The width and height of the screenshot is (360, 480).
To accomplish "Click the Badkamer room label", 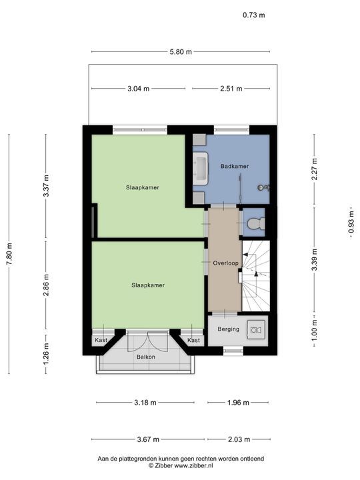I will (x=234, y=166).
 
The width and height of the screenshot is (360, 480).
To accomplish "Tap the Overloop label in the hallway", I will (x=225, y=263).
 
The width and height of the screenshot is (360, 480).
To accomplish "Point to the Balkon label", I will (x=146, y=357).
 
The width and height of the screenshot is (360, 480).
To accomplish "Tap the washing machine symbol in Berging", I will (x=255, y=329).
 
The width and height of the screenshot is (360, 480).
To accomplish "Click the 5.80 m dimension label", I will (x=180, y=51).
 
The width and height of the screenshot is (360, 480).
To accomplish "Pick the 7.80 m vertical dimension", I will (x=9, y=253).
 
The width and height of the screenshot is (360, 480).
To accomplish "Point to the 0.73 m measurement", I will (x=253, y=15).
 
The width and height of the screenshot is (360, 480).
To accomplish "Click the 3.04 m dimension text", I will (x=137, y=88).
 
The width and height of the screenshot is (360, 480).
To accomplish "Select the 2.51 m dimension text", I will (x=231, y=88).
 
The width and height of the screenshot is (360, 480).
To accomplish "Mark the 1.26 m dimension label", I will (x=46, y=351).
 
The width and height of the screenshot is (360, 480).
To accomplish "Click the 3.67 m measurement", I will (x=149, y=439).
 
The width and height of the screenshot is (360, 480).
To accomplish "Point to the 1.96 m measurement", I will (x=238, y=403).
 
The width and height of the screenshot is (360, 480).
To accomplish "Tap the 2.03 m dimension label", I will (x=238, y=439).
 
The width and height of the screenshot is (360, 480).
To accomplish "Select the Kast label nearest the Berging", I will (x=193, y=341).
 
